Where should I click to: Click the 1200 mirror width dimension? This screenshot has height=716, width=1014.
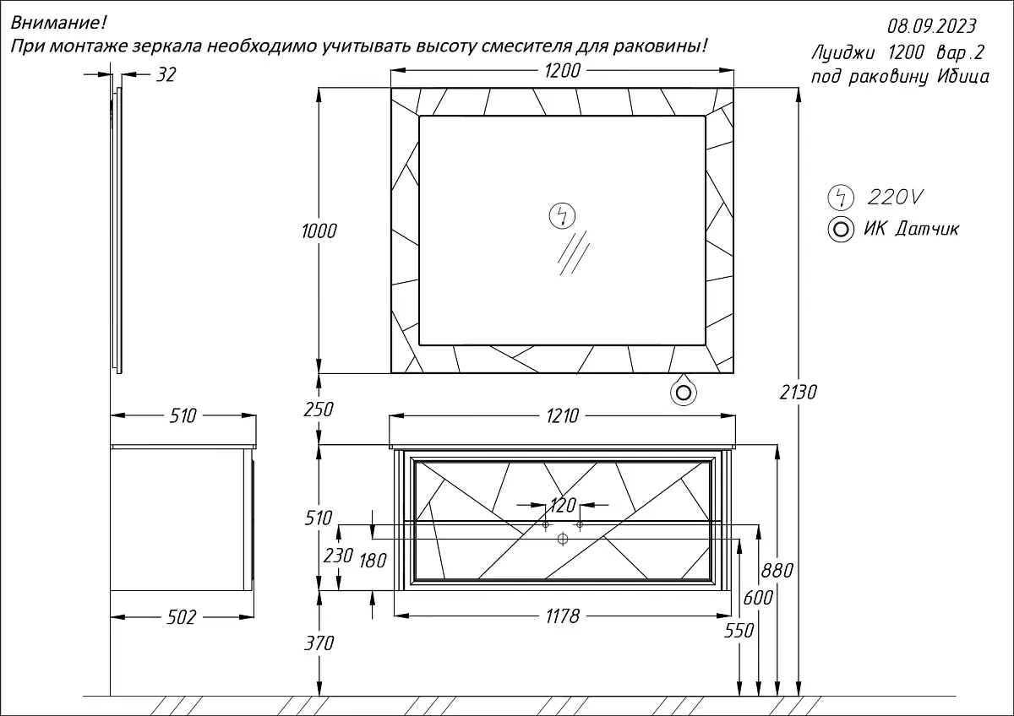click(562, 71)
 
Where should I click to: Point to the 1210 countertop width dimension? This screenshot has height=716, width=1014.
click(562, 415)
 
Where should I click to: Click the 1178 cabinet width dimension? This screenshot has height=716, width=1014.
click(562, 616)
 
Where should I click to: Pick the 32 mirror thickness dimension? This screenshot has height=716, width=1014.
click(166, 75)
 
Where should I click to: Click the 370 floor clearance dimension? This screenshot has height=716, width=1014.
click(320, 643)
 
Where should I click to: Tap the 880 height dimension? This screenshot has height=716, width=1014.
click(777, 571)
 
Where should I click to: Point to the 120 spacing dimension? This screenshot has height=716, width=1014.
click(562, 506)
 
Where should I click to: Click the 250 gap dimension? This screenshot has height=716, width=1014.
click(320, 410)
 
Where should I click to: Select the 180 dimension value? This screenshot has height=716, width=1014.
click(373, 560)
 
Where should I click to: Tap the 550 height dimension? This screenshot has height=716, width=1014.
click(740, 630)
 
